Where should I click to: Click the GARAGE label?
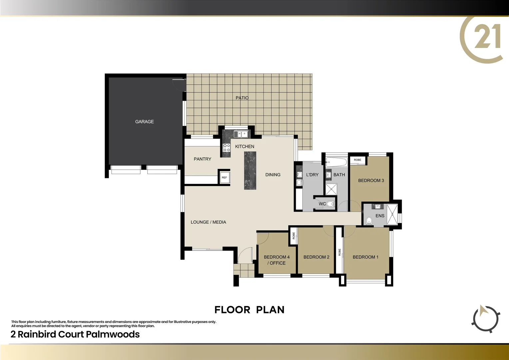(x=144, y=122)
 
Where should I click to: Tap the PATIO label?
(x=242, y=98)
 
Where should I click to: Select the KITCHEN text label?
(x=245, y=146)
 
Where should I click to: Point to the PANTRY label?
(x=202, y=159)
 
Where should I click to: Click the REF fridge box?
(x=224, y=177)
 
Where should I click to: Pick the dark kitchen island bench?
(x=250, y=171)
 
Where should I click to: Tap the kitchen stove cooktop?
(x=227, y=148)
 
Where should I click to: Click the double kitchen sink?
(x=241, y=134)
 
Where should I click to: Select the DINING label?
(x=273, y=175)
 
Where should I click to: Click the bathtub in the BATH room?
(x=336, y=162)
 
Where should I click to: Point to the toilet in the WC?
(x=330, y=204)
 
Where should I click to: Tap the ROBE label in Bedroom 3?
(x=357, y=160)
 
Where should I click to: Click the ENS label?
(x=380, y=216)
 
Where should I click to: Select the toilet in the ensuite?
(x=369, y=220)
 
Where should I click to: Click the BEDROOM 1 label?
(x=365, y=257)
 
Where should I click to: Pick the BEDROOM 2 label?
(x=316, y=257)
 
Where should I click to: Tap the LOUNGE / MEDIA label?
(x=208, y=222)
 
